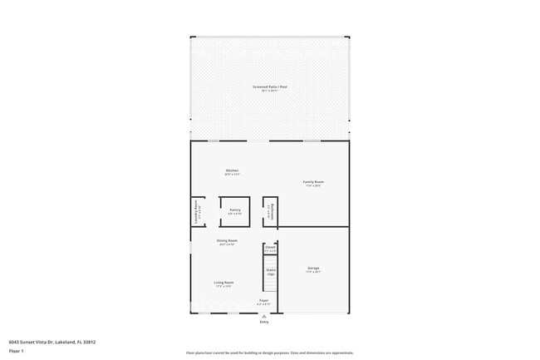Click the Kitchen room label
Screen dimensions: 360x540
click(x=232, y=170)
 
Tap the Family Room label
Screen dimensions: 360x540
click(x=313, y=181)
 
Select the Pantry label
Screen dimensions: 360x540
click(x=235, y=210)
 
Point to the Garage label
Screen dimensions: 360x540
click(x=313, y=268)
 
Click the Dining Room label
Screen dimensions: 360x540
click(x=227, y=240)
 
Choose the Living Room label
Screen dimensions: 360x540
click(x=223, y=282)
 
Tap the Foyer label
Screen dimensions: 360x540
click(x=263, y=299)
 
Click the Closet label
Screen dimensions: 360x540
click(x=270, y=247)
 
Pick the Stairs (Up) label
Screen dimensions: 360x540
click(x=271, y=271)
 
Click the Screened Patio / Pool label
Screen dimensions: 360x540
click(x=270, y=86)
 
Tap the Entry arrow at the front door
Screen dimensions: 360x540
click(x=264, y=316)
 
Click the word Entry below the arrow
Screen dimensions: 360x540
click(x=264, y=322)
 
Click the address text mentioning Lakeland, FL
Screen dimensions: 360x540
click(x=52, y=341)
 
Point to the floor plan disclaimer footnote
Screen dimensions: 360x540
click(x=270, y=353)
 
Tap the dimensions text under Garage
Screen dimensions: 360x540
click(x=313, y=272)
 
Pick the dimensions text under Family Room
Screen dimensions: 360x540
click(x=313, y=185)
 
